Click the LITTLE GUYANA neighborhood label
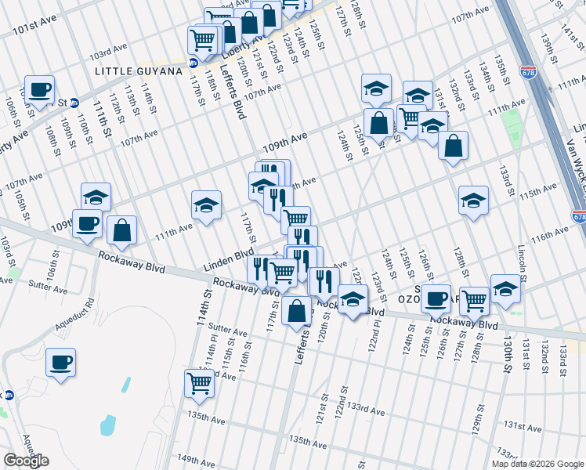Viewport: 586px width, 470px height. coord(137,70)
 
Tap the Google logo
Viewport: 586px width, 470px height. coord(26,461)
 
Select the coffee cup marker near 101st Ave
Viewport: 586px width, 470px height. coord(39,89)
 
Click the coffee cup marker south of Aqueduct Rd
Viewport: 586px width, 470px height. coord(60,363)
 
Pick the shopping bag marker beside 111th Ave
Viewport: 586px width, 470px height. coord(121,230)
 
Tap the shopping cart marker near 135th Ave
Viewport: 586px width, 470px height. coord(200,384)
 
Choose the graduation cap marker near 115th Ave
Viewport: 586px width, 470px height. coord(474,201)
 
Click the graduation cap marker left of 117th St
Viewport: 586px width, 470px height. coord(206,205)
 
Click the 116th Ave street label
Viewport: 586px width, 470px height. coord(548,233)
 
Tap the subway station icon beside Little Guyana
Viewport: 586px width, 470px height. coord(193,62)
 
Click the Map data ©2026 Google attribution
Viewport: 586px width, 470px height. coord(538,464)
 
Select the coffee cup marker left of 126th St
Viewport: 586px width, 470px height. coord(436,298)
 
